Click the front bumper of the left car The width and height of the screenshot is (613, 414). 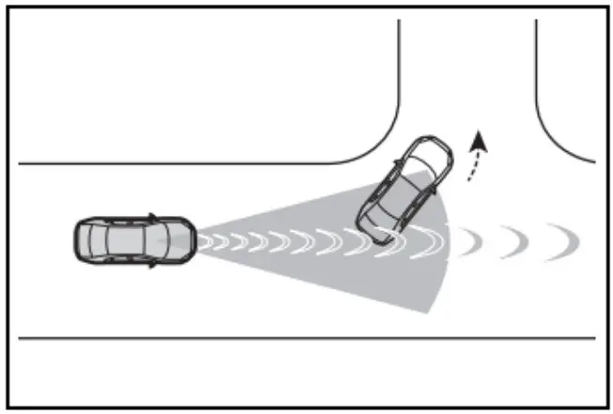pos(193,241)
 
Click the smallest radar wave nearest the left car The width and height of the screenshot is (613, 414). pos(203,241)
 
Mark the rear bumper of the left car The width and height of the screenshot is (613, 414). pos(76,241)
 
